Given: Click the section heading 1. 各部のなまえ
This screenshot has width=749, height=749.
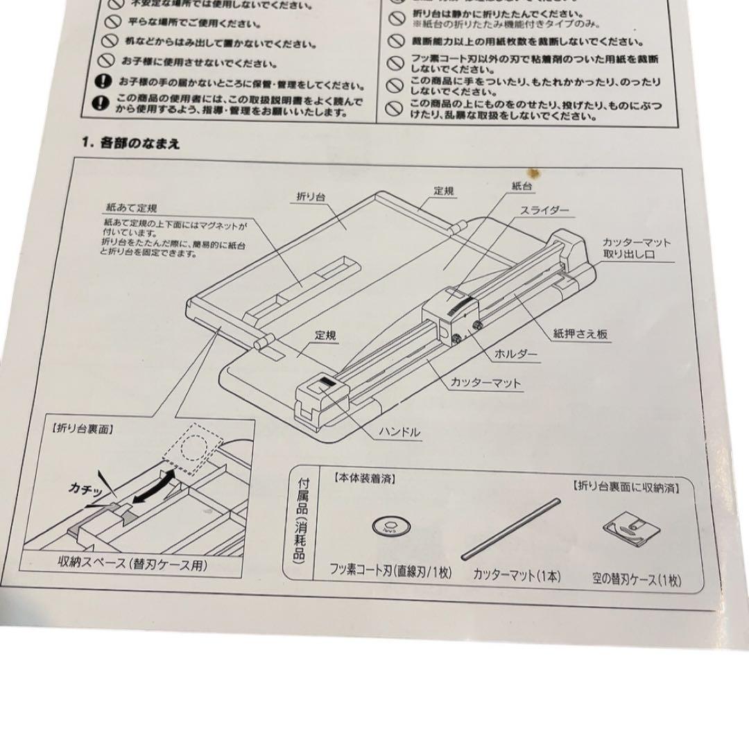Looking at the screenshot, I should [131, 144].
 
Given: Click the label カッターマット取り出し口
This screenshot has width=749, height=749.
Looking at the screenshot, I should [636, 249].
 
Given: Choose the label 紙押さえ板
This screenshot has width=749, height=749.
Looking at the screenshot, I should [581, 334].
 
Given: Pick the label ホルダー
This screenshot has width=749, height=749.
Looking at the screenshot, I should [515, 354].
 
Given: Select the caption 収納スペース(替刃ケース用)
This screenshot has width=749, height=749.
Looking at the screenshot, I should [132, 564].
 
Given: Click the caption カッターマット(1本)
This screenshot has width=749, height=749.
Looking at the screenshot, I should [516, 576].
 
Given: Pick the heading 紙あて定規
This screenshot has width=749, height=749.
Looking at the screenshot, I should [132, 207].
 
